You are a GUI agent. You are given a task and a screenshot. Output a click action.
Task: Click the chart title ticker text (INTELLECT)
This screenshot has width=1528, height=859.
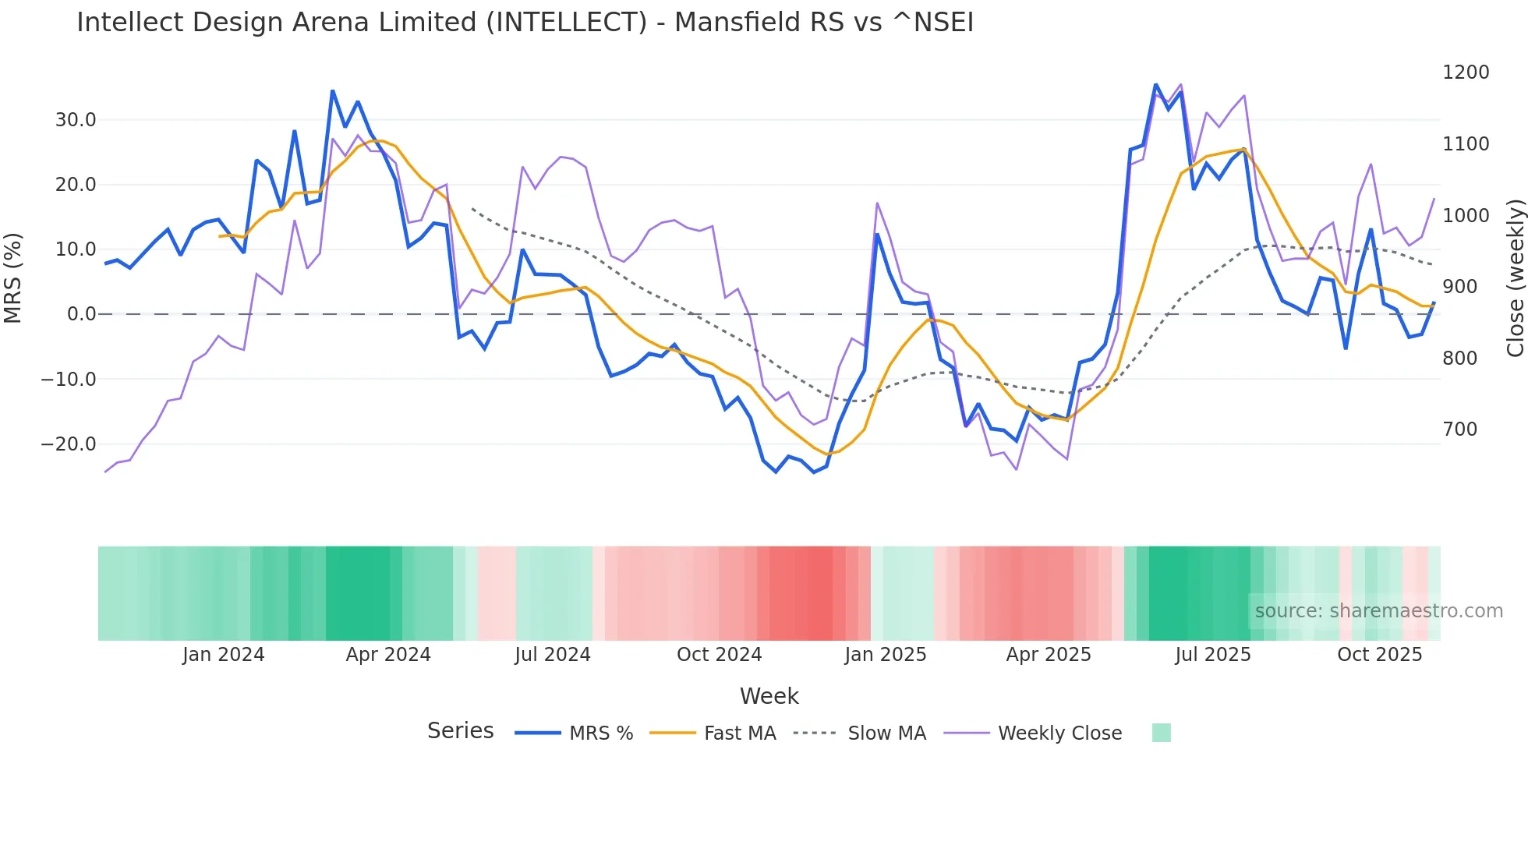click(x=566, y=23)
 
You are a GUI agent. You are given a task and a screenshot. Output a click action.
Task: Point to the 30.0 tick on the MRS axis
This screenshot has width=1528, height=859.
click(x=76, y=120)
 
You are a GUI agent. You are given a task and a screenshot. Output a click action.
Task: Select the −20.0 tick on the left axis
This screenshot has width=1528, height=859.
click(x=69, y=444)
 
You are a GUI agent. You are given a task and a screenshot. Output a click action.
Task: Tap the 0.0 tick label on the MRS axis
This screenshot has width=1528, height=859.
click(x=81, y=314)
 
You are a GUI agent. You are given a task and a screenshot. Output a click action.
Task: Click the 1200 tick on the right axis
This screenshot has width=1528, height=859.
click(x=1466, y=72)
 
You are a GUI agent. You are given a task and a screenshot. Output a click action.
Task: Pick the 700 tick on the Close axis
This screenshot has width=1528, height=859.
click(x=1459, y=429)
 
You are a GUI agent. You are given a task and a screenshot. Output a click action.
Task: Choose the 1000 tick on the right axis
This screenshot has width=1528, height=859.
click(x=1466, y=215)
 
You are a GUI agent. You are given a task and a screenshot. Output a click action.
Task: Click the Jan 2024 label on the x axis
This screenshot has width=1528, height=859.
click(x=223, y=655)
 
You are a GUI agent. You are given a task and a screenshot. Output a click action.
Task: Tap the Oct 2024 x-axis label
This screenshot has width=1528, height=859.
click(x=719, y=655)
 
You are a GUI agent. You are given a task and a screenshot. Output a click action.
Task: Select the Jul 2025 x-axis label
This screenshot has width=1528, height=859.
click(x=1212, y=655)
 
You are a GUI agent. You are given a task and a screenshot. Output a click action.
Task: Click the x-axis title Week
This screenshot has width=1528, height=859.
click(x=769, y=696)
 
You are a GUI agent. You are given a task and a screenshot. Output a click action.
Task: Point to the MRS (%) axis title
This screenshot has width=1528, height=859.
click(x=13, y=277)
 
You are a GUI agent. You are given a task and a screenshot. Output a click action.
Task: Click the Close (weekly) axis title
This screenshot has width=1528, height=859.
click(x=1515, y=277)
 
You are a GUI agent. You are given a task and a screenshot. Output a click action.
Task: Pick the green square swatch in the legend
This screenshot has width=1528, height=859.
click(x=1161, y=733)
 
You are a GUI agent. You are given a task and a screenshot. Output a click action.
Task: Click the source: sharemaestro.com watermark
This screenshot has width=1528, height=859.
click(x=1378, y=611)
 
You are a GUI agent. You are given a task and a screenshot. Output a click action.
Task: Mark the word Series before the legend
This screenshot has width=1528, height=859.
click(x=460, y=731)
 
